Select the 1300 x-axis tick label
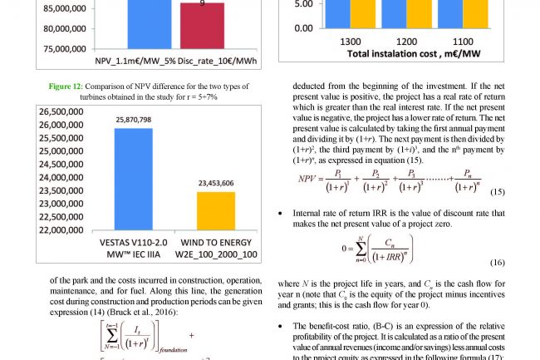coord(351,41)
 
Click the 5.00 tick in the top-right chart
coord(302,3)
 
